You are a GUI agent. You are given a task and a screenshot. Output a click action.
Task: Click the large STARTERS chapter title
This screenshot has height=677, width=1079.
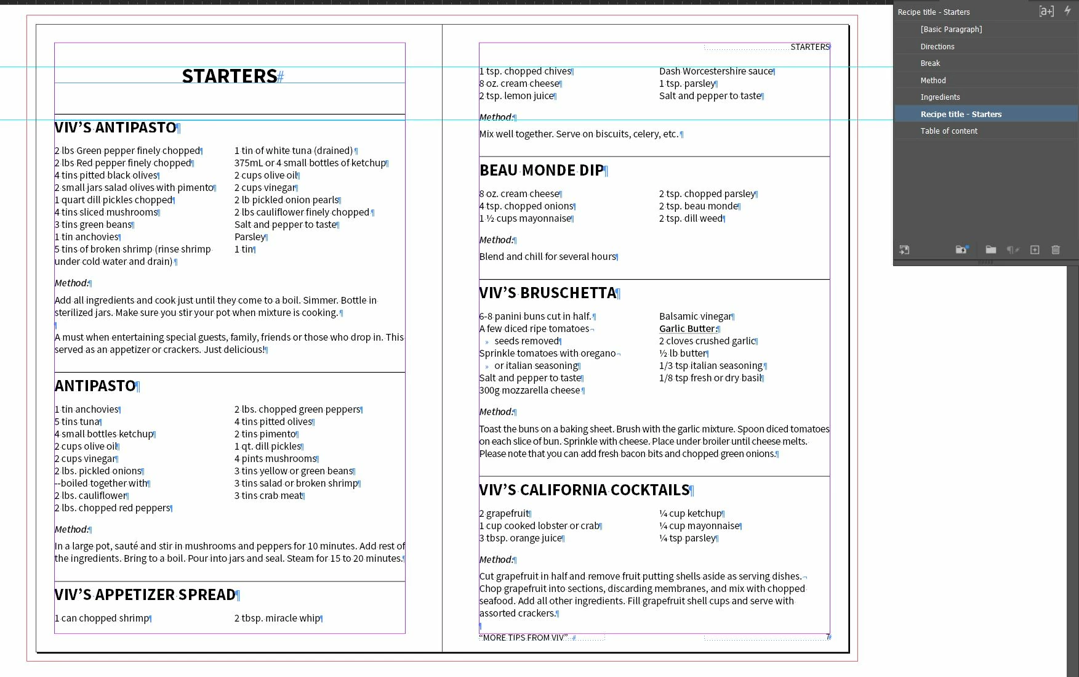click(x=229, y=76)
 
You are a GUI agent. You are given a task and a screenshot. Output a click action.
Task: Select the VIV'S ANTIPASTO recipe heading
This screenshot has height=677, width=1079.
click(x=115, y=128)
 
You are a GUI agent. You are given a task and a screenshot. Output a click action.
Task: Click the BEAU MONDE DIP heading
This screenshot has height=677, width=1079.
click(x=542, y=170)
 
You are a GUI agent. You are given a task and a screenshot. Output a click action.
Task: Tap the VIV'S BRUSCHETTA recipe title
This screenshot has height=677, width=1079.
click(x=548, y=293)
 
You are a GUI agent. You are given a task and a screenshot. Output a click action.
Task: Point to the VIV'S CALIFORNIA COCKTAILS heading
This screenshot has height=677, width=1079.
click(x=584, y=490)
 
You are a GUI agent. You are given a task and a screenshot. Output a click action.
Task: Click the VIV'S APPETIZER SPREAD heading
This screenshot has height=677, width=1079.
click(x=145, y=594)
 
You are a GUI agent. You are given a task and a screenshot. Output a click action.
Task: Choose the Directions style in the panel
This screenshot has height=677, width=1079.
click(x=937, y=46)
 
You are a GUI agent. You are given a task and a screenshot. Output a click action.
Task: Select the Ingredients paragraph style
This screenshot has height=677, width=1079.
click(x=940, y=97)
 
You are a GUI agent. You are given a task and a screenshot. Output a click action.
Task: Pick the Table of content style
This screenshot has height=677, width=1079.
click(x=949, y=131)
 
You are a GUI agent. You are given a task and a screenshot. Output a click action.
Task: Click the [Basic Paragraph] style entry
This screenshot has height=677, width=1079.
click(x=951, y=29)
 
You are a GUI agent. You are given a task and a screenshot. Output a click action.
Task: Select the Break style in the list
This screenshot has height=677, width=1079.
click(x=930, y=63)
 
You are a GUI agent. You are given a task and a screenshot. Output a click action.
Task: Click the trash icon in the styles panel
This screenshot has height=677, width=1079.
click(x=1056, y=249)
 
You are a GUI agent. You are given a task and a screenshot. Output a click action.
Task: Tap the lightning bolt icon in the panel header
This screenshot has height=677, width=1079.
click(x=1067, y=11)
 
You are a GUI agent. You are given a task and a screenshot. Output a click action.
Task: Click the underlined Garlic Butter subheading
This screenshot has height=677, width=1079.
click(x=688, y=329)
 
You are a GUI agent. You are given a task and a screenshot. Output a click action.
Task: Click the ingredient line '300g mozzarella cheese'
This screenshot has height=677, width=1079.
click(x=529, y=391)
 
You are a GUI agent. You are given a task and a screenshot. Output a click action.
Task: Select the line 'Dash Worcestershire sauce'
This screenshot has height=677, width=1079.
click(x=715, y=71)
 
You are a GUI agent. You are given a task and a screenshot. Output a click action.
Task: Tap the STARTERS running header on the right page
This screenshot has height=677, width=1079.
click(x=809, y=47)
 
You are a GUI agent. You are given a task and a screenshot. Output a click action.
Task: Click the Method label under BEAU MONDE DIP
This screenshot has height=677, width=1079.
click(x=496, y=240)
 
